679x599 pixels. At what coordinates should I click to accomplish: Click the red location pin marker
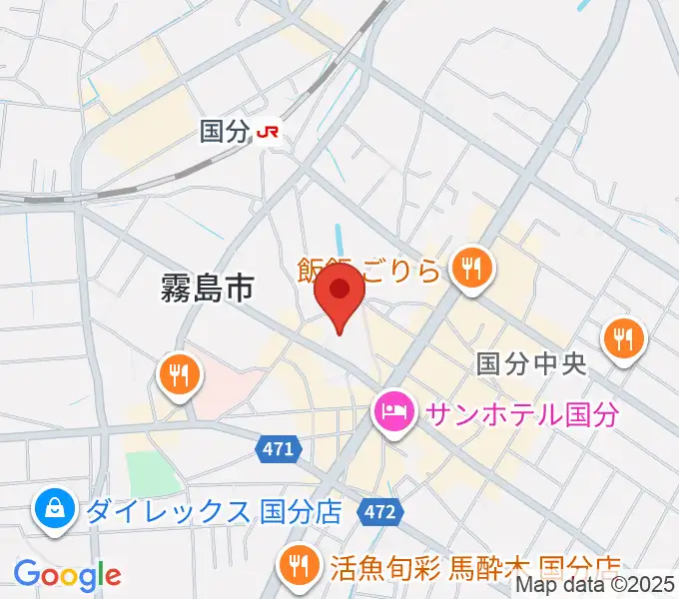[x=339, y=297]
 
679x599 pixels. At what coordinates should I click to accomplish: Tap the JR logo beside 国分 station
[x=268, y=131]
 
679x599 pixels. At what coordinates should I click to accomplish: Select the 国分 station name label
[x=224, y=131]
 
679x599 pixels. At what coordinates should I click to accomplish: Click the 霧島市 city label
[x=207, y=289]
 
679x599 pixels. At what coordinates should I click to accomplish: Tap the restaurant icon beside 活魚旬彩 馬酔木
[x=298, y=566]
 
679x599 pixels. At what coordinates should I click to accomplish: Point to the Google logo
[x=67, y=574]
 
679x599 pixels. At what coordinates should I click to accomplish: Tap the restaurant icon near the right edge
[x=626, y=338]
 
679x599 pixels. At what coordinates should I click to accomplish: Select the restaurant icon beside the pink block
[x=180, y=374]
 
